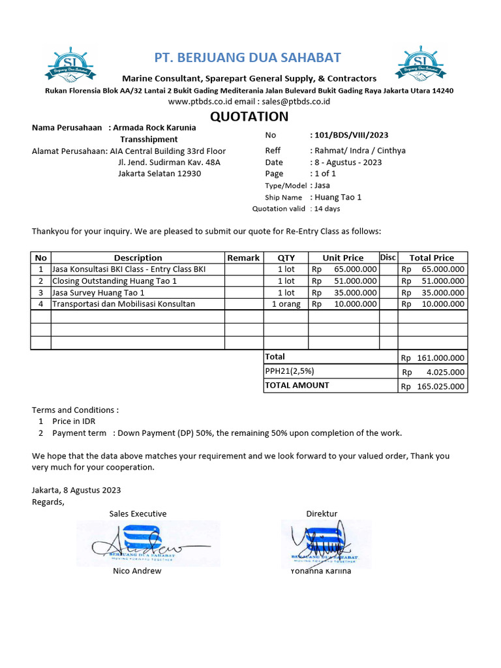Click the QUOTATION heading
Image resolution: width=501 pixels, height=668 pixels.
[x=249, y=117]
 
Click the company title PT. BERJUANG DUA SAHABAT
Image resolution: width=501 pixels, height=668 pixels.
[x=247, y=57]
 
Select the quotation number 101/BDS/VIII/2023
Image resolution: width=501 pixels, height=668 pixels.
[x=351, y=135]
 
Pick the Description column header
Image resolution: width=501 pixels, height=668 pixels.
[x=138, y=258]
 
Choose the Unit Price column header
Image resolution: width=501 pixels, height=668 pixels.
[x=343, y=258]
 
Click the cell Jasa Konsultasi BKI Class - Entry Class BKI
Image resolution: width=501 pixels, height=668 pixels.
[x=129, y=269]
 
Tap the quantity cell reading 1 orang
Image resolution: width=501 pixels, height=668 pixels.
[x=286, y=304]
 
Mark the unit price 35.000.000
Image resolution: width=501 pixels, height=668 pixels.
[x=355, y=292]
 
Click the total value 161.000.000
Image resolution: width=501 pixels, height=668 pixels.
[x=440, y=357]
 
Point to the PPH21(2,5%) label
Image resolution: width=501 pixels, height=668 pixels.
[x=290, y=371]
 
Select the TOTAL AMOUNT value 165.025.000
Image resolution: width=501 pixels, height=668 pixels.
[x=440, y=386]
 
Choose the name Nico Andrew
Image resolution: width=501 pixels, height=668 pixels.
[x=137, y=571]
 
